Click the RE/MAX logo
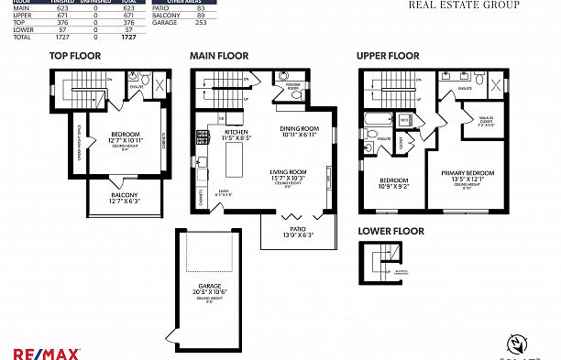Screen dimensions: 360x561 point(47,353)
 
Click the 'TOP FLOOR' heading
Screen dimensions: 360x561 point(75,56)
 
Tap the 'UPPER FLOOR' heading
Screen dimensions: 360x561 point(389,56)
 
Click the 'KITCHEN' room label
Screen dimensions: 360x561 point(236,131)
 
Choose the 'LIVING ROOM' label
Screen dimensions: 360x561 point(288,171)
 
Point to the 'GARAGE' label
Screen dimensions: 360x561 point(208,287)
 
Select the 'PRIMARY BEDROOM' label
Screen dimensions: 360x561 point(467,173)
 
